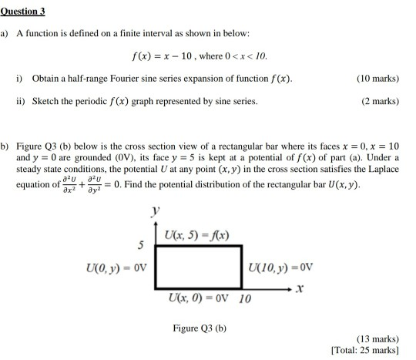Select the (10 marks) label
[377, 79]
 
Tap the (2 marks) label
[380, 101]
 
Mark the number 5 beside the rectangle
[140, 246]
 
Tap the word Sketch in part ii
[48, 101]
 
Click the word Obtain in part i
[48, 79]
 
